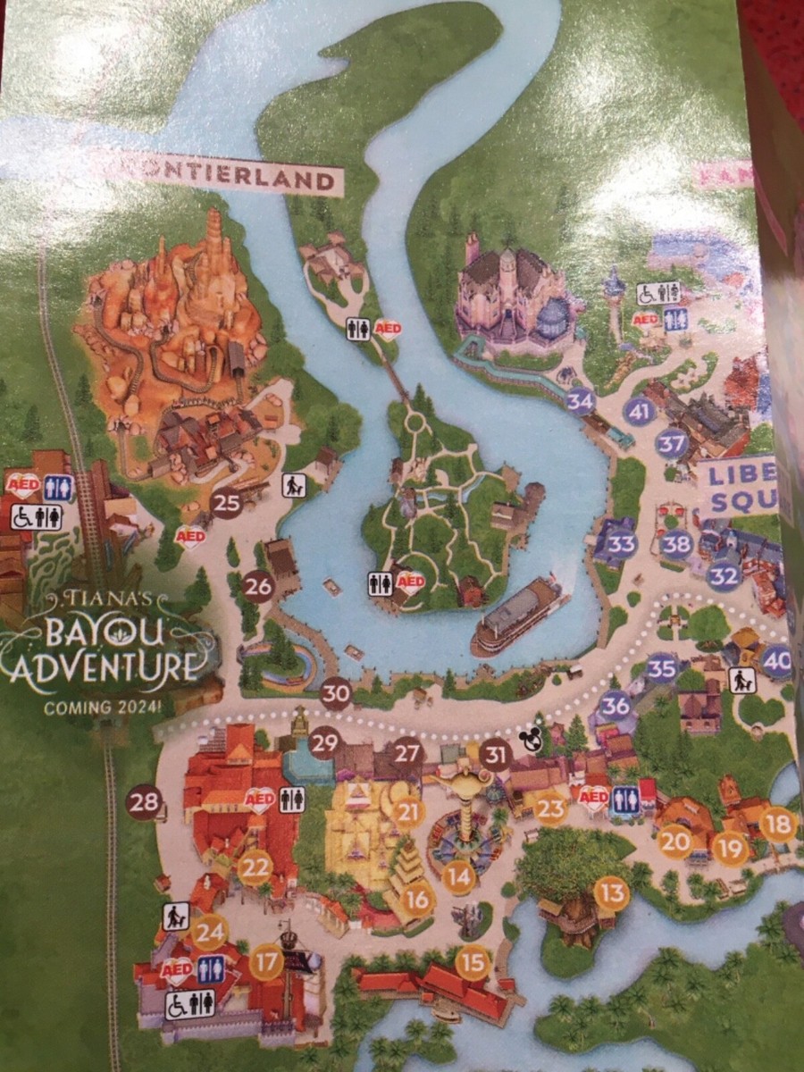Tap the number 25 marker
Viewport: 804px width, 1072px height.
(x=227, y=503)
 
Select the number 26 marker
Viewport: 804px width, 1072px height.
(x=258, y=586)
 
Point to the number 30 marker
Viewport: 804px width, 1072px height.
(x=336, y=692)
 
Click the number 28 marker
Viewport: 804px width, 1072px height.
(x=144, y=801)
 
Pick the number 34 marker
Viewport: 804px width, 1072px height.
(x=581, y=401)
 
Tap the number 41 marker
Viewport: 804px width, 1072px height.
(x=638, y=412)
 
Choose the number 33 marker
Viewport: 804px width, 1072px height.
(x=622, y=543)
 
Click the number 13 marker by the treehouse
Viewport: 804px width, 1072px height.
(x=612, y=892)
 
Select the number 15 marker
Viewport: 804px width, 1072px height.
(x=473, y=962)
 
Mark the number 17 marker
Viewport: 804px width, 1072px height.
(x=266, y=962)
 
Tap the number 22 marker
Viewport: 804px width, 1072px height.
(x=256, y=866)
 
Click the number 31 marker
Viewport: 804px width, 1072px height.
(x=495, y=755)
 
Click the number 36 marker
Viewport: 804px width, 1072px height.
(x=616, y=706)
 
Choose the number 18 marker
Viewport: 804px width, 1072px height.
(x=777, y=824)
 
